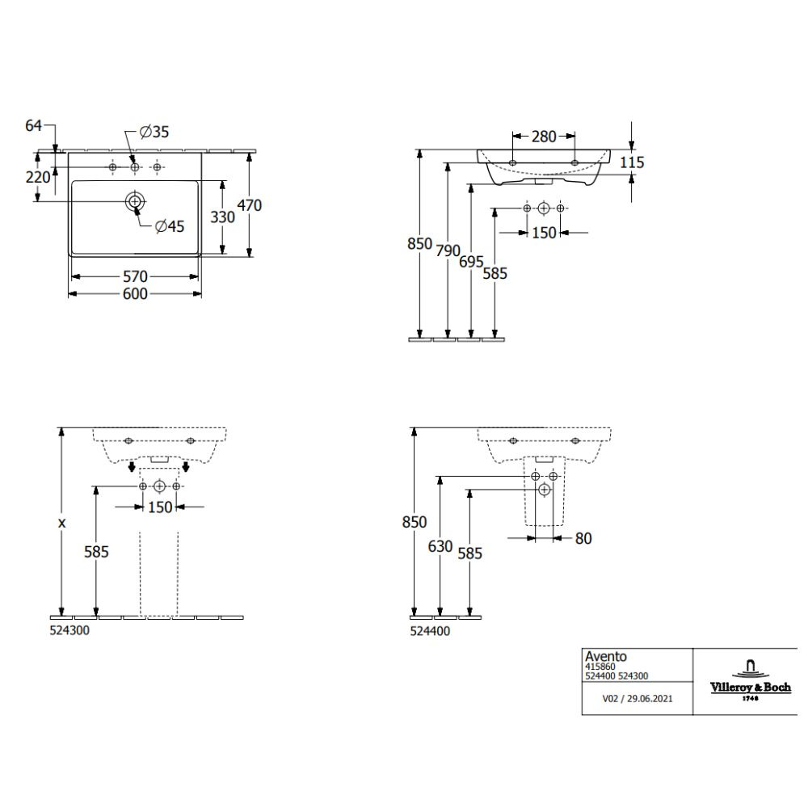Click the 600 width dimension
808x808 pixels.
click(135, 294)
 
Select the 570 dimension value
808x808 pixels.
click(135, 276)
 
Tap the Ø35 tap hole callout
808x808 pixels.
click(154, 132)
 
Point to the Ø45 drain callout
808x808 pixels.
click(170, 226)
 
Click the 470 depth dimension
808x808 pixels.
click(250, 205)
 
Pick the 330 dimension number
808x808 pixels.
click(223, 217)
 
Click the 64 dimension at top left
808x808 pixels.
click(33, 125)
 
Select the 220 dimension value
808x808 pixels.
click(38, 177)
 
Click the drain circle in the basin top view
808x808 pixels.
click(135, 201)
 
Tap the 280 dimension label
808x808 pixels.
click(544, 137)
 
